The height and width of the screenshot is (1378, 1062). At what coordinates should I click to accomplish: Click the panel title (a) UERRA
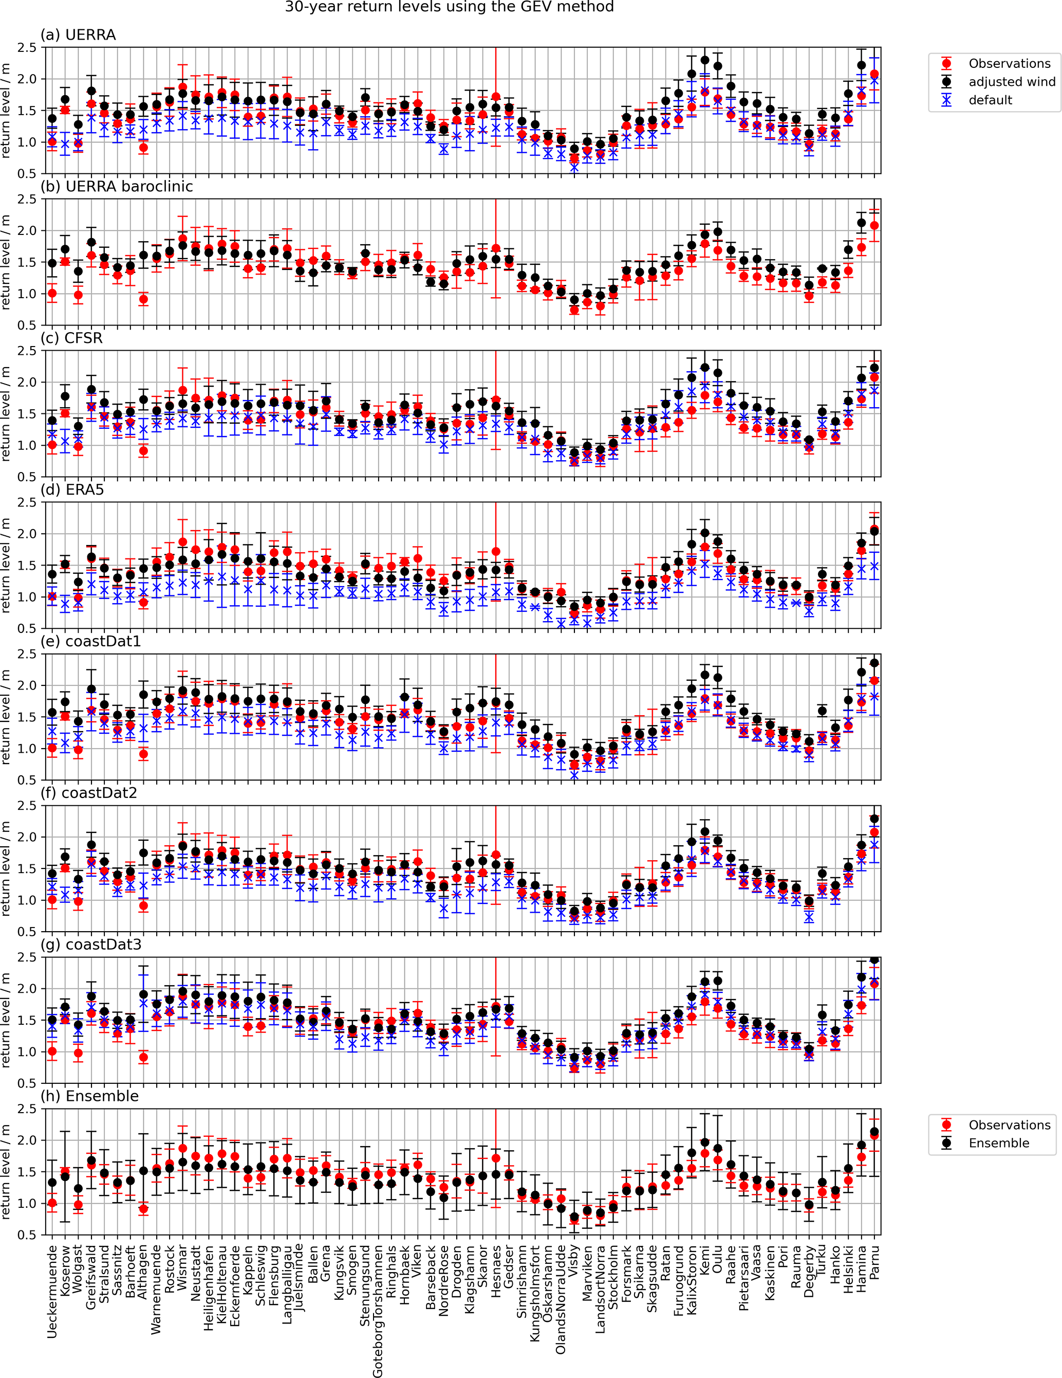click(x=78, y=34)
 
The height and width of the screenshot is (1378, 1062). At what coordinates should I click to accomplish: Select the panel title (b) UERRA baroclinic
click(x=117, y=187)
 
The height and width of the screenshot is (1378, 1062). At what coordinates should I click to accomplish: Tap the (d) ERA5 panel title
click(x=72, y=489)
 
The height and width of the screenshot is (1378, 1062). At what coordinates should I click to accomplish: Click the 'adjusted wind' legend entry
click(x=1012, y=81)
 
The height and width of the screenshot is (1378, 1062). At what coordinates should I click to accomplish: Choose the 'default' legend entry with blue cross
click(x=990, y=100)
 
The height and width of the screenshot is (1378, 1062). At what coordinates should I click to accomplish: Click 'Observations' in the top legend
click(x=1009, y=63)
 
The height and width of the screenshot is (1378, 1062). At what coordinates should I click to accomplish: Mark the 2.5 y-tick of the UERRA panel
click(x=28, y=48)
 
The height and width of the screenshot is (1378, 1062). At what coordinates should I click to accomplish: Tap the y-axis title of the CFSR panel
click(x=6, y=414)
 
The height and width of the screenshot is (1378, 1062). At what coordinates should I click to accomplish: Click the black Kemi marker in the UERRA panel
click(x=705, y=61)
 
